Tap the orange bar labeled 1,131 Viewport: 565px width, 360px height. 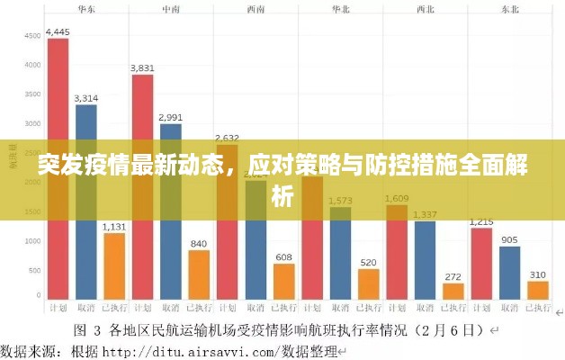point(114,265)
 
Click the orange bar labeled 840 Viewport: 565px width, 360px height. point(199,274)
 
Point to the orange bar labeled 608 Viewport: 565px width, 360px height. point(283,280)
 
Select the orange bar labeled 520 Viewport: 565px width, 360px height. point(368,283)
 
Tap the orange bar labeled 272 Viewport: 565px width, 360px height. point(453,290)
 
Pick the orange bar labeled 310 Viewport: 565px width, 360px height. point(538,289)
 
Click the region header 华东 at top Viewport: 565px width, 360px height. point(87,9)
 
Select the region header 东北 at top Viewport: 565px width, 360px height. point(508,9)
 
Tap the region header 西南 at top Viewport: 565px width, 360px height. point(256,9)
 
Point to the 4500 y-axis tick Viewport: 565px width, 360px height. point(32,36)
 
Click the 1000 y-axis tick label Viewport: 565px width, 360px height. point(32,241)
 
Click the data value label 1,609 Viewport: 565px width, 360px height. point(397,198)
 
